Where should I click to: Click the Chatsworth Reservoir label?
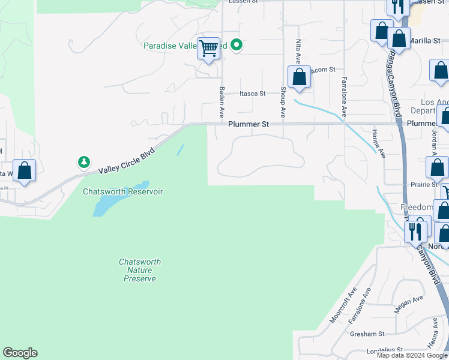[122, 191]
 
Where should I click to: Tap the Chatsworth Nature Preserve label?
[140, 271]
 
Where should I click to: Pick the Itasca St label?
[252, 94]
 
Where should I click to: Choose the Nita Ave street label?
[298, 52]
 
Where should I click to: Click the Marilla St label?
[426, 41]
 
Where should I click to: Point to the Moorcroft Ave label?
[343, 305]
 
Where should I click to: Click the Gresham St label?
[369, 334]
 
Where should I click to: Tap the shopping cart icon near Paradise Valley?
[209, 48]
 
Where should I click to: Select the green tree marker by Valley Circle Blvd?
[84, 162]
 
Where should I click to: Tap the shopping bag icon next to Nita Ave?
[299, 77]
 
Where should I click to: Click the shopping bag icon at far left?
[24, 170]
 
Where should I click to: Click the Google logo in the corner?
[20, 353]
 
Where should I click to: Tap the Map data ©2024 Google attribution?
[412, 355]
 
